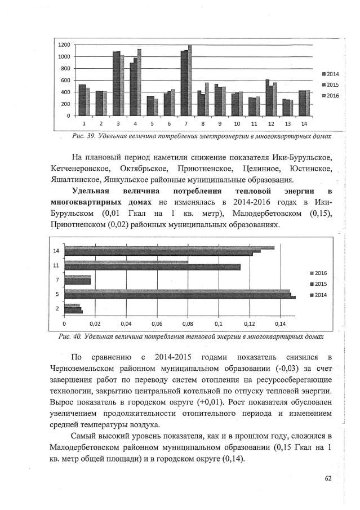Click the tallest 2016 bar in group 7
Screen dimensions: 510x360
190,80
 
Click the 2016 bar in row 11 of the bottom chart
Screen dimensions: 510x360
126,262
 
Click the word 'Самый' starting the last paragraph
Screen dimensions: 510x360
86,437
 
